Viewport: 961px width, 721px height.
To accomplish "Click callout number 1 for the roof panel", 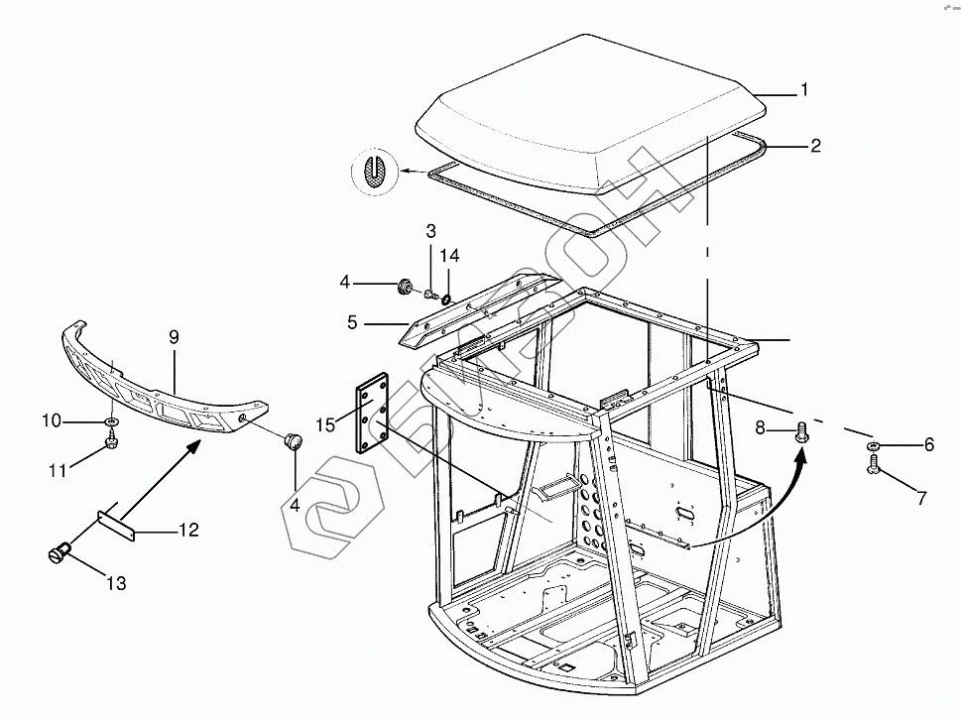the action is pyautogui.click(x=804, y=90).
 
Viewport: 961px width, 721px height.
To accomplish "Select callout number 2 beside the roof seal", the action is pyautogui.click(x=815, y=147).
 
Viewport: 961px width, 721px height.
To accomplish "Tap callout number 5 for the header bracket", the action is pyautogui.click(x=352, y=322).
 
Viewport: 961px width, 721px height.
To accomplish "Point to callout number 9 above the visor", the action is pyautogui.click(x=174, y=338).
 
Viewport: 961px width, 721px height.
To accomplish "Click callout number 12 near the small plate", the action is pyautogui.click(x=188, y=531).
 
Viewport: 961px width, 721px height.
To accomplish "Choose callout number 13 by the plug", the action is pyautogui.click(x=117, y=583).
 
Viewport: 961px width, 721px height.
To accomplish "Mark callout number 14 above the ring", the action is pyautogui.click(x=450, y=256).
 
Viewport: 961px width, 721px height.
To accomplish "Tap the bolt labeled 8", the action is pyautogui.click(x=801, y=430).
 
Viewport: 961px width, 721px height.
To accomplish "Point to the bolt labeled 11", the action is pyautogui.click(x=112, y=445).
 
